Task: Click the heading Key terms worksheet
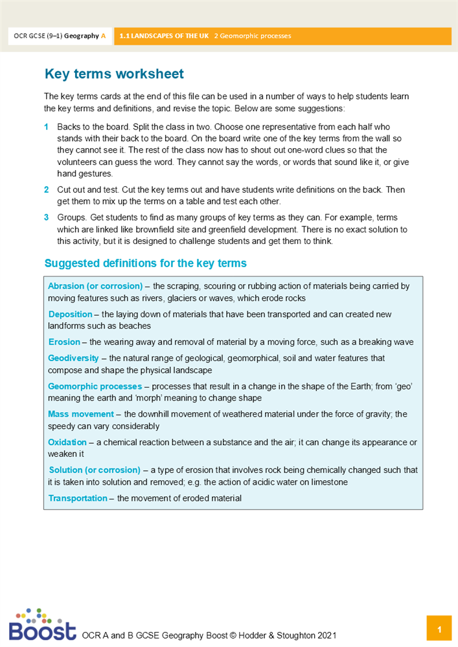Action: pos(114,74)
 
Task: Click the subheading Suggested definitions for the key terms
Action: pos(145,263)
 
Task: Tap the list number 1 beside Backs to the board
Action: pos(47,127)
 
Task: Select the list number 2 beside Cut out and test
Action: pos(47,190)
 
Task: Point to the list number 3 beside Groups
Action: pos(47,218)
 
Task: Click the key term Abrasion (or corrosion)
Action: pos(95,286)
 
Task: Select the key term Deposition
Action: pos(71,314)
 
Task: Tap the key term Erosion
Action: pos(64,342)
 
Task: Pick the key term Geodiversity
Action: pos(73,358)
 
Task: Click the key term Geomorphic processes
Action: pos(95,386)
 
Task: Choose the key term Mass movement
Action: pos(80,414)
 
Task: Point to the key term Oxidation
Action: pos(67,442)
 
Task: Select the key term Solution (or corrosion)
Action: pos(95,470)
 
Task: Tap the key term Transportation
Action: pos(78,498)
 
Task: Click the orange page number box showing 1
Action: pos(439,629)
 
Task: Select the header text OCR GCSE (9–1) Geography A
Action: pos(59,36)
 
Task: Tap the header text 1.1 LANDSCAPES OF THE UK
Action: pos(165,36)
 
